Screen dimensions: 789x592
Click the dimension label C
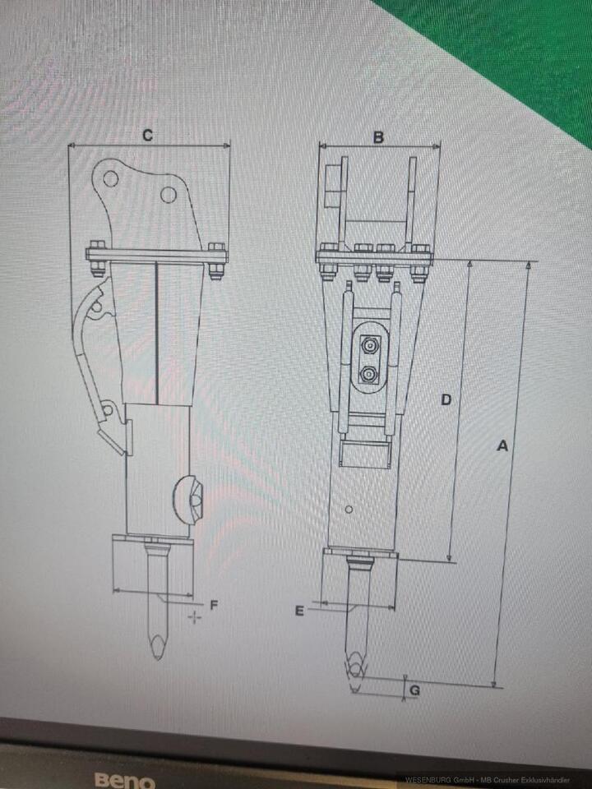pyautogui.click(x=147, y=136)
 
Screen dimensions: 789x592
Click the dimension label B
pyautogui.click(x=378, y=137)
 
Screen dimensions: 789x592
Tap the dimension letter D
pyautogui.click(x=446, y=399)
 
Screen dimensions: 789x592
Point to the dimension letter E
pyautogui.click(x=299, y=610)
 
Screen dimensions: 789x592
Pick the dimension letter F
pyautogui.click(x=214, y=606)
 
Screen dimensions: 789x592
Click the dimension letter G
pyautogui.click(x=415, y=690)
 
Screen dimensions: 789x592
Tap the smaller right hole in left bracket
pyautogui.click(x=169, y=195)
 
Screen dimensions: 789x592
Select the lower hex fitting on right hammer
pyautogui.click(x=369, y=375)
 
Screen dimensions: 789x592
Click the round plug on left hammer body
pyautogui.click(x=190, y=496)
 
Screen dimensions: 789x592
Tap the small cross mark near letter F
pyautogui.click(x=195, y=616)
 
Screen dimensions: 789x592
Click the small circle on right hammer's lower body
pyautogui.click(x=349, y=510)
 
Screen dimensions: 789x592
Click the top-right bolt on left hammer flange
pyautogui.click(x=216, y=247)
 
